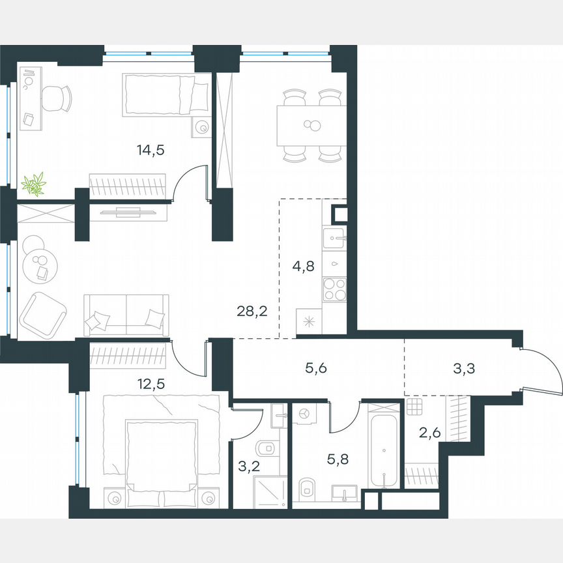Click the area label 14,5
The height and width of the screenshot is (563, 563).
[x=151, y=150]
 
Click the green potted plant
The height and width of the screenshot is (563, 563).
[x=33, y=184]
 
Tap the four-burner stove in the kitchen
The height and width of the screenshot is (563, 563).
[x=335, y=290]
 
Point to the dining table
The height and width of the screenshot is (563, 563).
[x=311, y=125]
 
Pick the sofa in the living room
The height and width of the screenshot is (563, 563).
[x=126, y=315]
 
